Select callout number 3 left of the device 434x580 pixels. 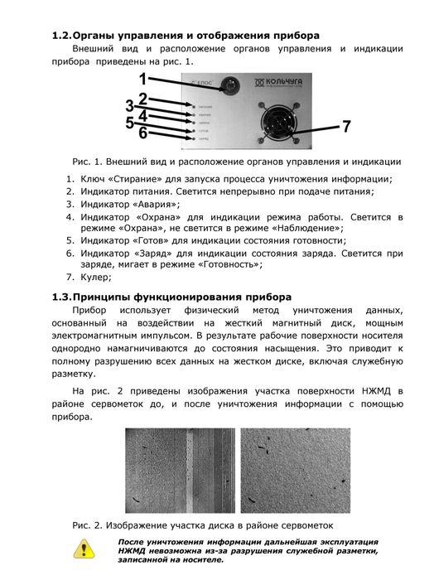click(x=129, y=105)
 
